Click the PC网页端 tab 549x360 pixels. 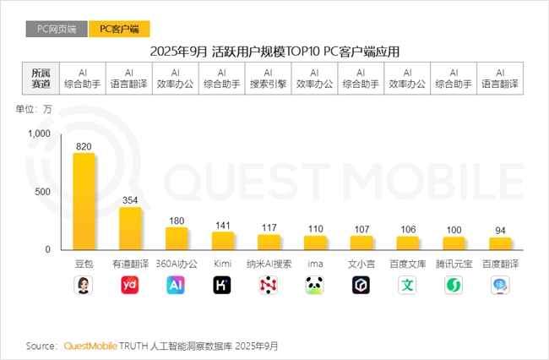[57, 29]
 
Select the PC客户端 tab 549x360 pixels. [119, 29]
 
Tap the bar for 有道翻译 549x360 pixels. [130, 228]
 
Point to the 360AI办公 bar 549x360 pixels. [177, 238]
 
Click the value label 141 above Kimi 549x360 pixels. [223, 226]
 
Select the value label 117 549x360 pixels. [269, 228]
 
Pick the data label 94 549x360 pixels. [501, 231]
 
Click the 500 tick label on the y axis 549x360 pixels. [43, 192]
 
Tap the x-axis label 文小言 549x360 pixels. [361, 264]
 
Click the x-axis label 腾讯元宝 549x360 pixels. [454, 264]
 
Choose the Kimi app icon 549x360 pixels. [223, 286]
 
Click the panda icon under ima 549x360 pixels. [315, 286]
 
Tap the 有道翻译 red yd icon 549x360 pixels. [130, 286]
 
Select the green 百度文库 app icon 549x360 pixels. [408, 286]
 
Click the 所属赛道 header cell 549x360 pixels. [41, 79]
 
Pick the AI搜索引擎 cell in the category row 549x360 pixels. [269, 79]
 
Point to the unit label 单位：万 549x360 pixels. [34, 109]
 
